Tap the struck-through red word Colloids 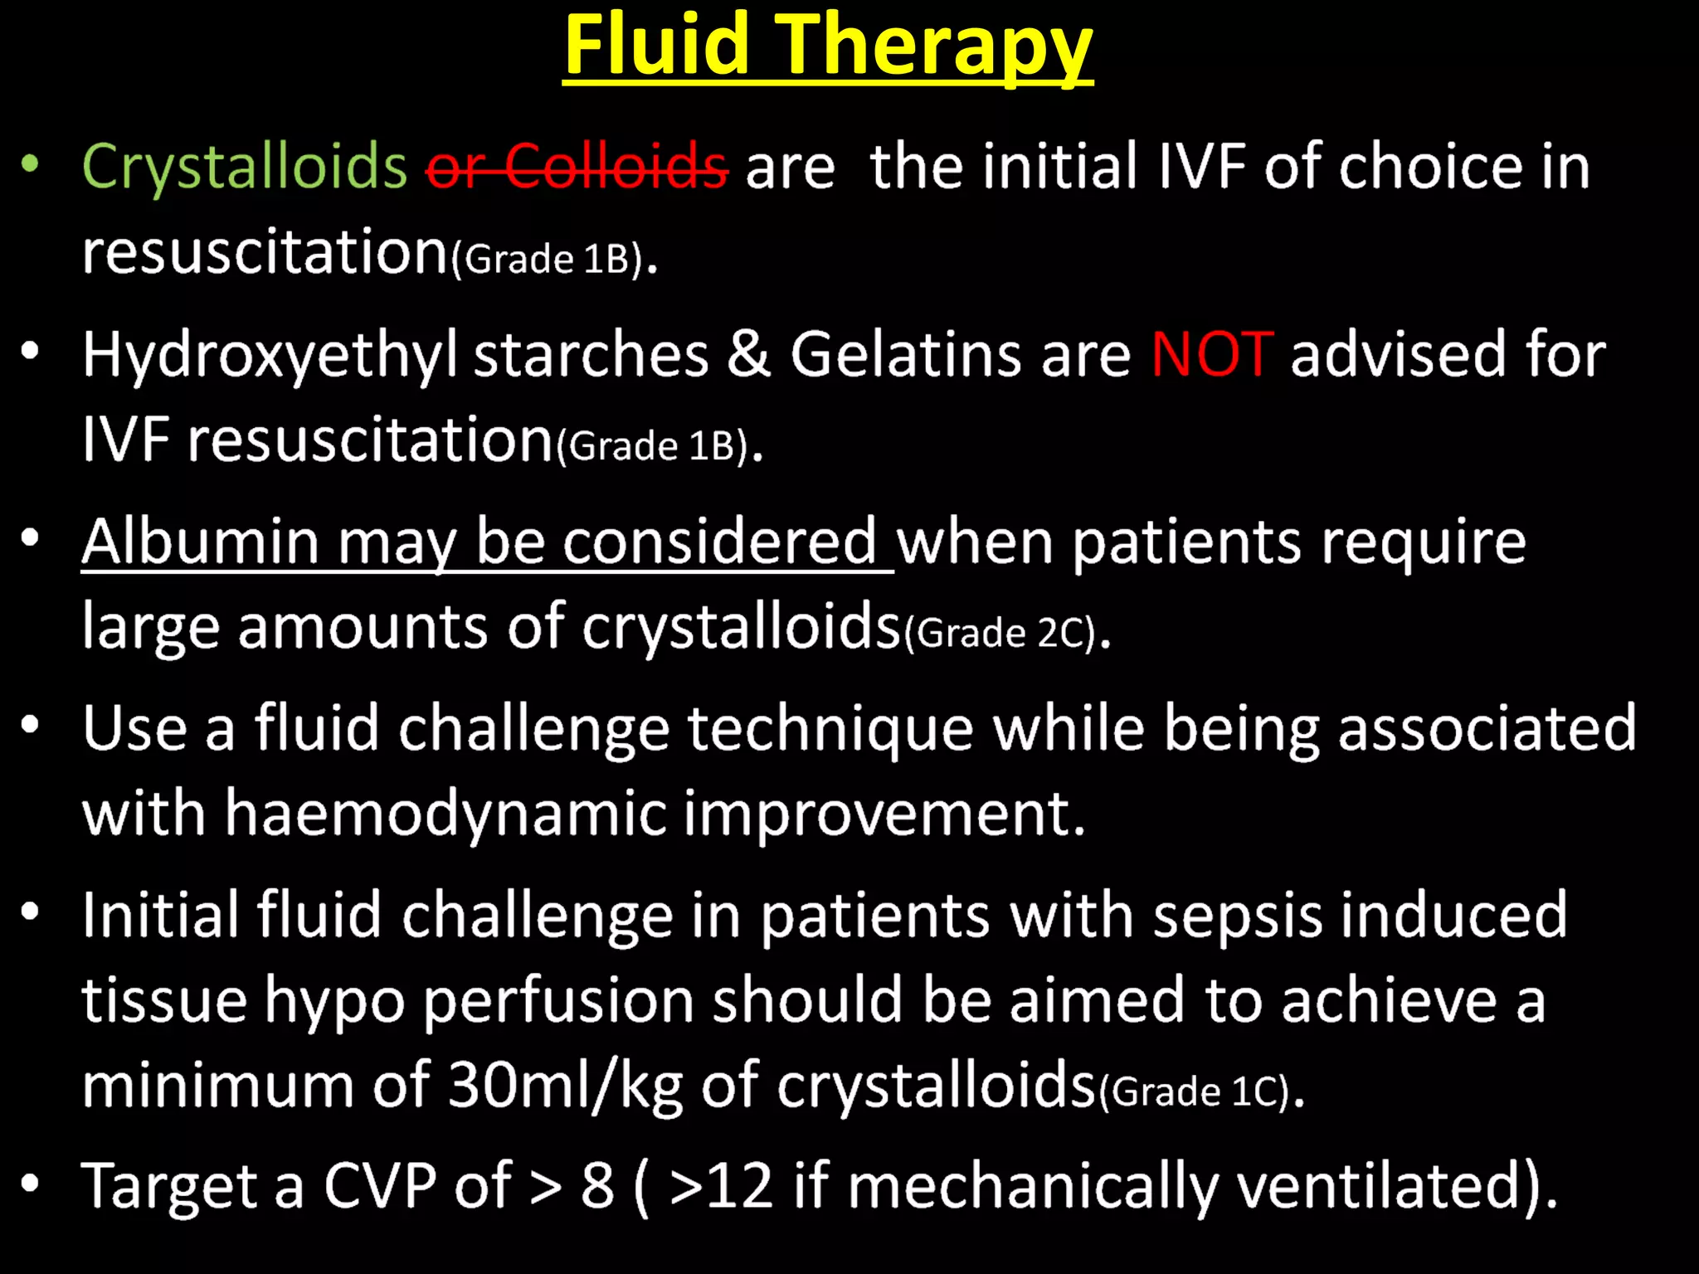tap(616, 166)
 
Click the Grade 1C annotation tap(1195, 1092)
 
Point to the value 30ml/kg tap(565, 1085)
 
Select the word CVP tap(379, 1186)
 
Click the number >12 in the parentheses tap(723, 1186)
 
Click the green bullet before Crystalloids tap(31, 163)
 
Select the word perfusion tap(558, 1000)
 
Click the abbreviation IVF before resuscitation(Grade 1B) tap(125, 440)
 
